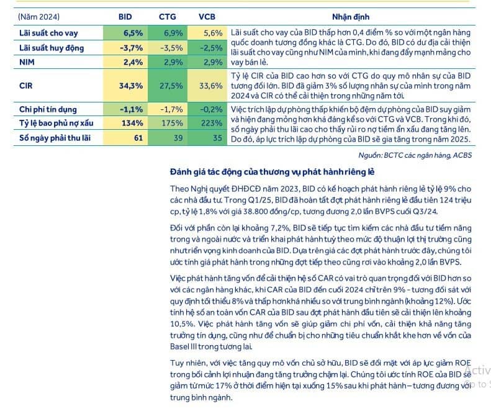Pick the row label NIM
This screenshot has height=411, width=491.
click(x=27, y=61)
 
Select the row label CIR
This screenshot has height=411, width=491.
click(x=25, y=86)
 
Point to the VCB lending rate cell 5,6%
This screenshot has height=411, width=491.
click(x=212, y=33)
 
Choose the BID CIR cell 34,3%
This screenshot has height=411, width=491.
click(x=130, y=86)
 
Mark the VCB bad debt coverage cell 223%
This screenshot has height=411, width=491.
click(x=212, y=124)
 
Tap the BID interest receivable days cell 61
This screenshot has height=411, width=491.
click(x=137, y=138)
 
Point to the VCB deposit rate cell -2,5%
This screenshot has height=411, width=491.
click(x=212, y=47)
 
